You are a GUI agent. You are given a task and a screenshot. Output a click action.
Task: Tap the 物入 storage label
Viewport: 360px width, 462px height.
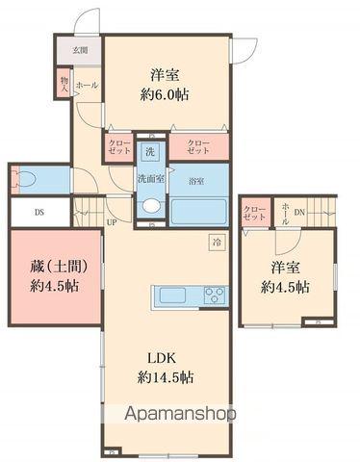(64, 85)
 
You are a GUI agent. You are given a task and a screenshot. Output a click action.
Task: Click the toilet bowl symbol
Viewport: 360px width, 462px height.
(25, 179)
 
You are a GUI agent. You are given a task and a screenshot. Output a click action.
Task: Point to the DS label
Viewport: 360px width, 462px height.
(39, 213)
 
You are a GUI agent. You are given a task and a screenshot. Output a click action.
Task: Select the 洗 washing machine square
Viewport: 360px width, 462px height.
(150, 151)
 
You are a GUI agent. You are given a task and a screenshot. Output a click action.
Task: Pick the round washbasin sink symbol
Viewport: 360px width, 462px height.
(150, 205)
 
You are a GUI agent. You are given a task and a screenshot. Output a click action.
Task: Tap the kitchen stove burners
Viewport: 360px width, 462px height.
(213, 295)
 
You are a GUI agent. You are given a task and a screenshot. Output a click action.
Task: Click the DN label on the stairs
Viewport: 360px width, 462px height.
(299, 213)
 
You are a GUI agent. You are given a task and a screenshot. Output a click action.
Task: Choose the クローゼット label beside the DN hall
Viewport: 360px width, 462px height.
(254, 214)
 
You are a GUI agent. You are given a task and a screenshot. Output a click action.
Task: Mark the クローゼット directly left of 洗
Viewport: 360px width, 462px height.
(118, 149)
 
